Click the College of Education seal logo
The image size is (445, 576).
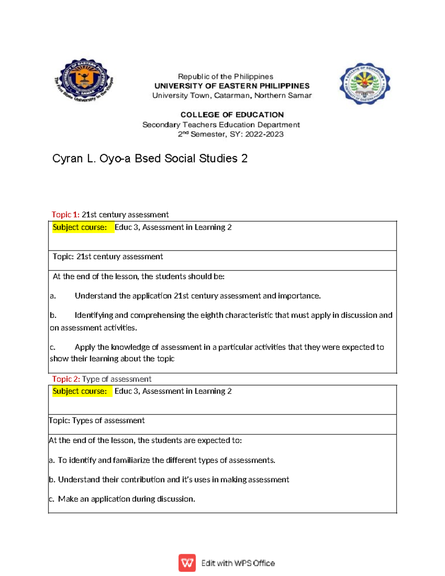tap(365, 83)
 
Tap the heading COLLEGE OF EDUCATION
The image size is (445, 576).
tap(232, 115)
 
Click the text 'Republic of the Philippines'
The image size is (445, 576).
tap(225, 76)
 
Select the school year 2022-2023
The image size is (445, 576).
tap(264, 134)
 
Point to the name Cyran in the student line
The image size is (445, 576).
tap(67, 159)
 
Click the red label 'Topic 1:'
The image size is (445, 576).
tap(65, 214)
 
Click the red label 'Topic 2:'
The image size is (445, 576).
tap(66, 379)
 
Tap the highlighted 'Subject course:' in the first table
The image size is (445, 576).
tap(80, 227)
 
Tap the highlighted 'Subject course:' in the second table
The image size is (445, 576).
tap(80, 391)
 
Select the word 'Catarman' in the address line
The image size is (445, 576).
tap(233, 95)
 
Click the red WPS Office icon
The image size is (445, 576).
tap(187, 563)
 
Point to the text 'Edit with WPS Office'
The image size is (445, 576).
tap(238, 563)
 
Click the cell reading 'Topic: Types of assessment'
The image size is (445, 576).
tap(97, 420)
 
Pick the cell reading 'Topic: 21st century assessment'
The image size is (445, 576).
tap(108, 256)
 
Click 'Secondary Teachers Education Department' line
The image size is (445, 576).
tap(221, 125)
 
